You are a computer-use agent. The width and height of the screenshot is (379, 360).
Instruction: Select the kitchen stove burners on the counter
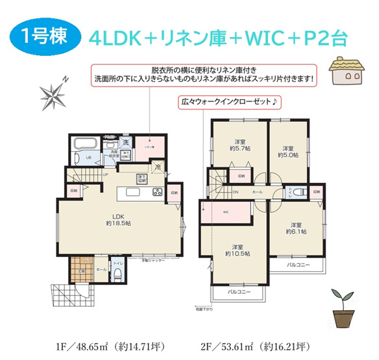pos(158,193)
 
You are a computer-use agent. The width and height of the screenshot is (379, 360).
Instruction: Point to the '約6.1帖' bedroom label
pos(297,228)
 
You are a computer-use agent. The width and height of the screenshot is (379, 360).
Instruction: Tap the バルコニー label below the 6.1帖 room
pos(299,265)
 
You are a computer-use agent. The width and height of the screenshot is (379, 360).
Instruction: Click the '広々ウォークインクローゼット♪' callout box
pos(228,102)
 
